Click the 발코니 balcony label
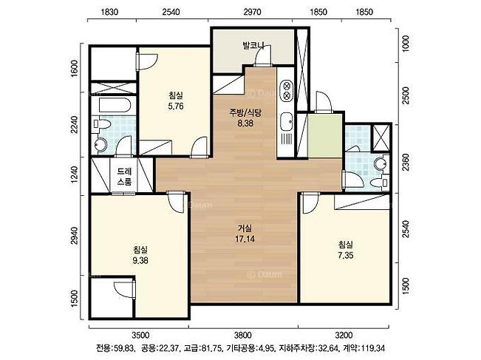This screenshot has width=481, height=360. click(x=253, y=46)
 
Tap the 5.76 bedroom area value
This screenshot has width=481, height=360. click(x=176, y=106)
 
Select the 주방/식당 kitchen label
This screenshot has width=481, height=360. click(x=245, y=112)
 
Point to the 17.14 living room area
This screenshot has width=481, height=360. click(x=245, y=239)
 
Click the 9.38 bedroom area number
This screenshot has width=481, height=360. click(x=140, y=260)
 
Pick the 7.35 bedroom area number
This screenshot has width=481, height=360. click(x=345, y=255)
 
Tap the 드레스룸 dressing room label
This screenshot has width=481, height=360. click(x=124, y=176)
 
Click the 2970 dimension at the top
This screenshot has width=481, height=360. click(x=252, y=12)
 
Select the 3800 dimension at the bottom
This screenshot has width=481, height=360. click(x=242, y=335)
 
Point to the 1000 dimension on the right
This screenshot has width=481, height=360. click(x=406, y=44)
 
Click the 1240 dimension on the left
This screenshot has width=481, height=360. click(x=74, y=175)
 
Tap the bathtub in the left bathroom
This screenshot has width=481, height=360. click(x=115, y=105)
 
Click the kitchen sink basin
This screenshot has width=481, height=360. click(x=287, y=121)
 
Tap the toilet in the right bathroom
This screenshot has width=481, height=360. click(x=379, y=183)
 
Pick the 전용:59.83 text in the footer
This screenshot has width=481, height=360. click(x=115, y=349)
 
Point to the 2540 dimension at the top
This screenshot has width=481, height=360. click(x=171, y=12)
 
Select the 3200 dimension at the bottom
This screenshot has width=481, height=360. click(x=344, y=335)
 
